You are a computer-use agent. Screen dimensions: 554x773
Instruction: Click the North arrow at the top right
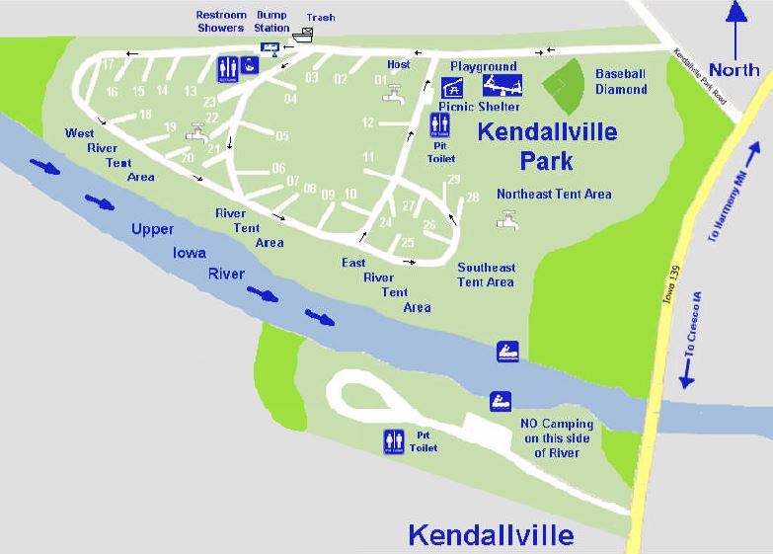pyautogui.click(x=734, y=25)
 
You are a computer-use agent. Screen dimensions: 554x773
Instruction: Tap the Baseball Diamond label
pyautogui.click(x=620, y=81)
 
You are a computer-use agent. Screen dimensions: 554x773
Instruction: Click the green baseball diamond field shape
pyautogui.click(x=563, y=87)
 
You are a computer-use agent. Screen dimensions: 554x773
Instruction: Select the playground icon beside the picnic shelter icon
pyautogui.click(x=502, y=86)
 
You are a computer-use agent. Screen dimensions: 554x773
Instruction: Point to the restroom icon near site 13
pyautogui.click(x=226, y=68)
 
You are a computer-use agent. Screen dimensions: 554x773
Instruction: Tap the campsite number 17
pyautogui.click(x=108, y=64)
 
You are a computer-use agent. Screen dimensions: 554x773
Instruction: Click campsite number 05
pyautogui.click(x=282, y=136)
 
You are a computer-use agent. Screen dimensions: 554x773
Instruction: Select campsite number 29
pyautogui.click(x=454, y=179)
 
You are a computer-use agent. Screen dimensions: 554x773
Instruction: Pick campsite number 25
pyautogui.click(x=408, y=242)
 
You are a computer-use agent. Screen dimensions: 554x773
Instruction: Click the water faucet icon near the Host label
pyautogui.click(x=394, y=95)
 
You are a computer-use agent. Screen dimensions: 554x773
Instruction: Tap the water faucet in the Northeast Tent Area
pyautogui.click(x=507, y=220)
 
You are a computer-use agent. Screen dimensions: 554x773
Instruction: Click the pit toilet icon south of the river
pyautogui.click(x=394, y=442)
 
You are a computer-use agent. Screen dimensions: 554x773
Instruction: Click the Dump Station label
pyautogui.click(x=271, y=22)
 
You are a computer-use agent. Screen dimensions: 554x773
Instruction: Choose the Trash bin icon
pyautogui.click(x=302, y=35)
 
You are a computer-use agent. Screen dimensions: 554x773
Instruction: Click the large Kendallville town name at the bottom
pyautogui.click(x=491, y=536)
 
